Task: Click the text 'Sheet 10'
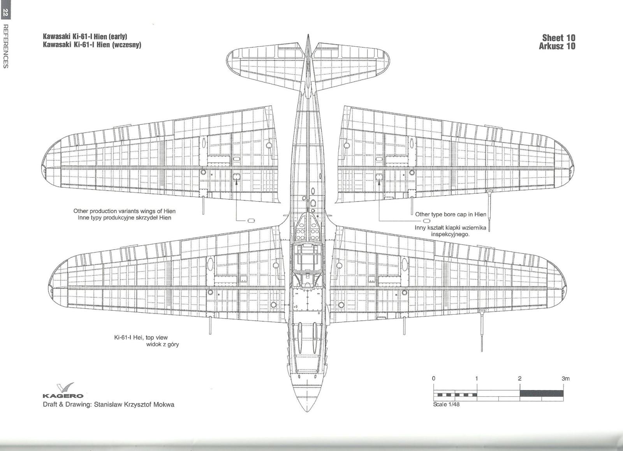[558, 38]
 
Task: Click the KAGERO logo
[63, 391]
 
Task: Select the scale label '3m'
[565, 378]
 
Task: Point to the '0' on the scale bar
[434, 378]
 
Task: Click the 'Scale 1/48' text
[446, 404]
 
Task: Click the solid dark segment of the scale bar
[541, 393]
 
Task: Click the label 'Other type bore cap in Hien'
[451, 214]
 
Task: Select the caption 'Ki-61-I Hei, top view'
[141, 338]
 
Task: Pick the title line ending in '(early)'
[85, 37]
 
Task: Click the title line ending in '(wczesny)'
[92, 44]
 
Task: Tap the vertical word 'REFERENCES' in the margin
[5, 46]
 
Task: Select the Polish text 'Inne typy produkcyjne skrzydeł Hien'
[124, 218]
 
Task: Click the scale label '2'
[520, 378]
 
